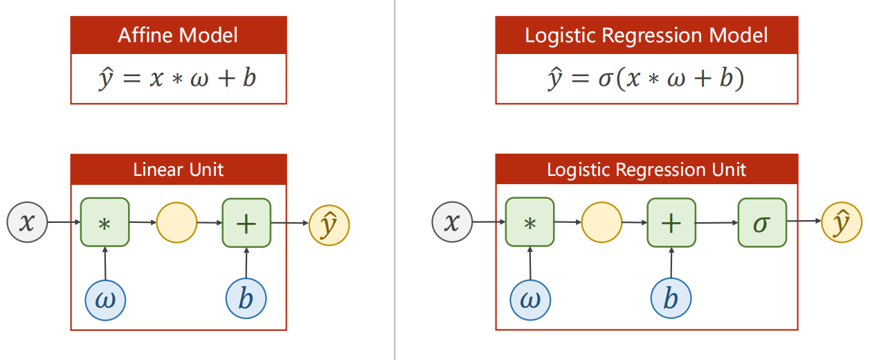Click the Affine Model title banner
tap(178, 35)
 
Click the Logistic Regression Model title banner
tap(646, 35)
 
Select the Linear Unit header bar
tap(178, 169)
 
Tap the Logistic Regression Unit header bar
tap(646, 169)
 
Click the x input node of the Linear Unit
tap(27, 222)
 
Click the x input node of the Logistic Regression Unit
tap(452, 222)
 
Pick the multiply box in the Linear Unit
tap(105, 222)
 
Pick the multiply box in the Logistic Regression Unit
tap(529, 222)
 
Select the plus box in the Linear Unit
tap(246, 222)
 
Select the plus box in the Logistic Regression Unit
tap(671, 222)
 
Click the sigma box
tap(762, 223)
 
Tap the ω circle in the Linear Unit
tap(105, 299)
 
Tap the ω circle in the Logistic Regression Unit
tap(530, 299)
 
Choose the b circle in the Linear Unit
tap(246, 299)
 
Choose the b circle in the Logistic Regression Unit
tap(671, 299)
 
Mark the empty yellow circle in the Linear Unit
tap(177, 223)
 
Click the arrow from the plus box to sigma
tap(716, 223)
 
